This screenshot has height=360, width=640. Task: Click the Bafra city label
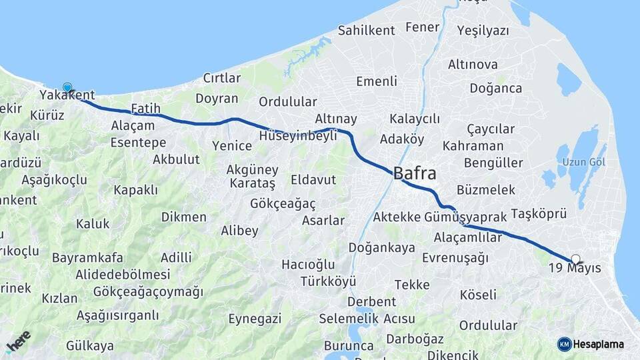(x=415, y=174)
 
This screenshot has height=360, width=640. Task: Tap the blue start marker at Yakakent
(x=67, y=87)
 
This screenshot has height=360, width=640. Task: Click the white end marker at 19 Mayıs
(x=575, y=259)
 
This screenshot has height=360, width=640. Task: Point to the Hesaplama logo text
(x=598, y=344)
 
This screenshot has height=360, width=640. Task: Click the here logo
(x=18, y=341)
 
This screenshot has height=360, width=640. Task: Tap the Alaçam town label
(x=133, y=125)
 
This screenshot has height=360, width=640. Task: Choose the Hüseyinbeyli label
(x=298, y=135)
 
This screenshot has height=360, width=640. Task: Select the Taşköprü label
(x=539, y=214)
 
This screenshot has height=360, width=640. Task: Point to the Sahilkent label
(x=366, y=30)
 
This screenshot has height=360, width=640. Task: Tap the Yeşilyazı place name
(x=483, y=30)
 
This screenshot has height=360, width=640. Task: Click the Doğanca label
(x=495, y=88)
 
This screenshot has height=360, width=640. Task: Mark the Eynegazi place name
(x=255, y=319)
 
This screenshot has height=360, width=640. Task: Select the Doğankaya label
(x=381, y=248)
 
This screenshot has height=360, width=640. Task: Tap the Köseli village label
(x=478, y=294)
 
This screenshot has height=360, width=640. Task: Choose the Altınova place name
(x=473, y=65)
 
